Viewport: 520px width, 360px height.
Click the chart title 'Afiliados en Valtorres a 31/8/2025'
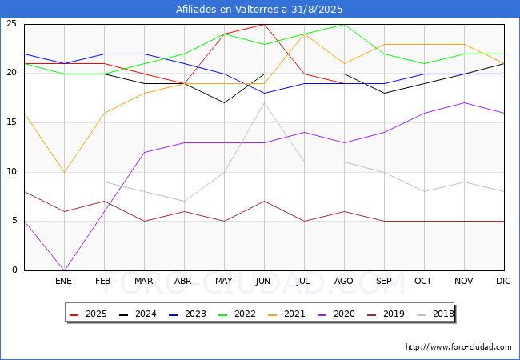tap(259, 10)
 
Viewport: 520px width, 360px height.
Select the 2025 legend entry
tap(88, 314)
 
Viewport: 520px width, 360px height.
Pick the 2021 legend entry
tap(286, 314)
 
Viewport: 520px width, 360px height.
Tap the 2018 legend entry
tap(435, 314)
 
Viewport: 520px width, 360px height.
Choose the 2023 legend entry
tap(187, 314)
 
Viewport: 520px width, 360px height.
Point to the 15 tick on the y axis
tap(12, 122)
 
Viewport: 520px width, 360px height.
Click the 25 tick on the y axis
tap(12, 24)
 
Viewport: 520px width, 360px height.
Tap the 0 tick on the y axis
tap(14, 270)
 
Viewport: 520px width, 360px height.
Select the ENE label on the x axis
tap(63, 281)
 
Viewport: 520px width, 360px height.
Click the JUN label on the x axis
tap(263, 281)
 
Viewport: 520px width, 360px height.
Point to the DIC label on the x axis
tap(503, 281)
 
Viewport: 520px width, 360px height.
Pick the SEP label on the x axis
tap(384, 281)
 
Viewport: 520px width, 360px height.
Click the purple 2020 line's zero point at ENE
tap(64, 270)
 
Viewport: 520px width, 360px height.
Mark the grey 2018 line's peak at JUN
tap(264, 103)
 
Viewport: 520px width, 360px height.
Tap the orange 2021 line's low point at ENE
tap(64, 172)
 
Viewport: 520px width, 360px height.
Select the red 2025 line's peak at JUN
tap(264, 24)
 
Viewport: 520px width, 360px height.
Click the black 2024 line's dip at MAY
tap(224, 103)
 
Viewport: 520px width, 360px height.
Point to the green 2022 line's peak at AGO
tap(345, 24)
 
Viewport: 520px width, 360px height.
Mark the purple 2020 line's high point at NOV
tap(464, 102)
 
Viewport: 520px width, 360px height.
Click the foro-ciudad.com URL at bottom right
tap(458, 347)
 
